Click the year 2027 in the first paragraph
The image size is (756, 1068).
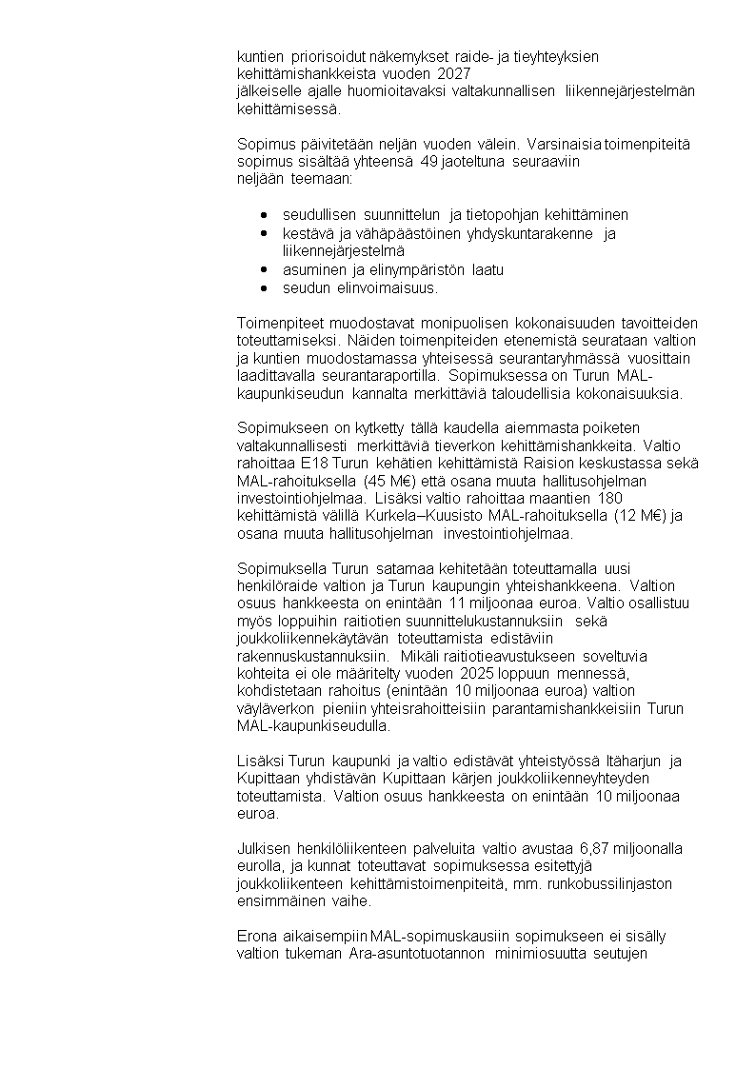[x=455, y=74]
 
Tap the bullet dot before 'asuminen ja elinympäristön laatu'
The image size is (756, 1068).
[x=263, y=269]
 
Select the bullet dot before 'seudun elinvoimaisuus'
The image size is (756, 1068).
[x=263, y=287]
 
